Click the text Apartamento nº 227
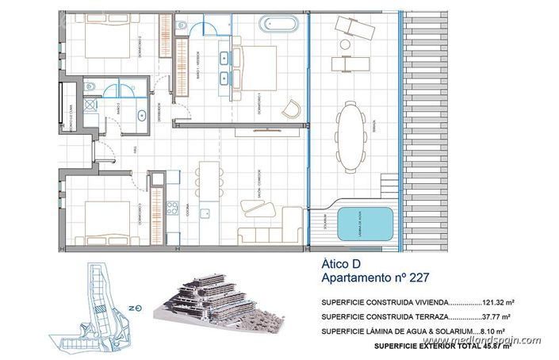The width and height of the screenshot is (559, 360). pyautogui.click(x=378, y=279)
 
